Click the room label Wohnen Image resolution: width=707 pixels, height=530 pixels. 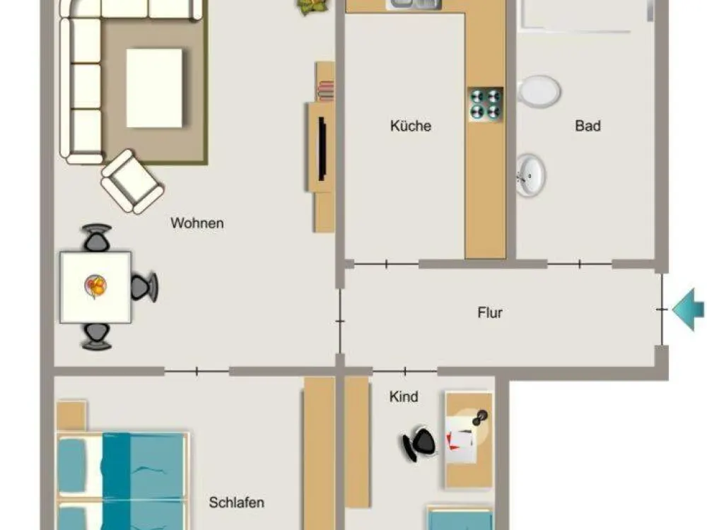(x=197, y=223)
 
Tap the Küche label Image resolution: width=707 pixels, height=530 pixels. (x=411, y=126)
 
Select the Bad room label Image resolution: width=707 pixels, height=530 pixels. (x=588, y=126)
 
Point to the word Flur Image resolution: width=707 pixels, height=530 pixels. (x=490, y=312)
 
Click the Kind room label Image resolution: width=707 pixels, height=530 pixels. (x=404, y=396)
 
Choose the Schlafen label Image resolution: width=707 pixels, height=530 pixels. (x=236, y=502)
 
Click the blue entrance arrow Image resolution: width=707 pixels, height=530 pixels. (x=688, y=310)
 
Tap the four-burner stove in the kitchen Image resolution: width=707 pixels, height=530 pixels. (x=486, y=104)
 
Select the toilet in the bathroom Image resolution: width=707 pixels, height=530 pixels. (x=539, y=91)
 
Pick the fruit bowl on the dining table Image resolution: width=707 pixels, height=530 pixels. (x=95, y=285)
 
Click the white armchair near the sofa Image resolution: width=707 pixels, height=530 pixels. (x=132, y=182)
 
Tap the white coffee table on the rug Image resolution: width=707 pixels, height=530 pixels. (x=154, y=88)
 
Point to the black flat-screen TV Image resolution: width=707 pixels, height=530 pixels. (x=322, y=148)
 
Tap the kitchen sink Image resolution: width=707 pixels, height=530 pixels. (x=414, y=4)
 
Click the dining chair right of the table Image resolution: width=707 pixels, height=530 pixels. (x=144, y=287)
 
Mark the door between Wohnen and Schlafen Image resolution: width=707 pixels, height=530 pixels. (x=197, y=372)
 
